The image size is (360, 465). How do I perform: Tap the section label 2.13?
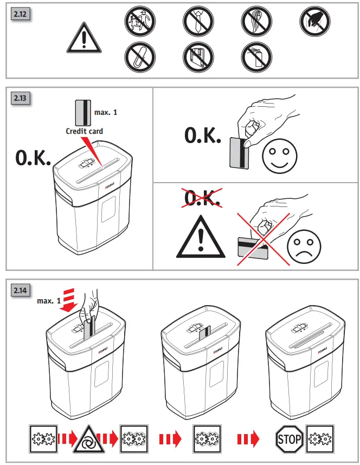(21, 99)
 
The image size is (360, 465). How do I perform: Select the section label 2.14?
(21, 289)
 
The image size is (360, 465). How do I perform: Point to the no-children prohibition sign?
(140, 23)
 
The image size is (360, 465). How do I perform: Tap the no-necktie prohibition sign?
(198, 23)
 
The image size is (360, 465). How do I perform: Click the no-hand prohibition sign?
(315, 23)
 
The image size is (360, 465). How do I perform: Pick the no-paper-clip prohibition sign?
(140, 57)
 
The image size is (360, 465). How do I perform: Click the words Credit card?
(84, 131)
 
